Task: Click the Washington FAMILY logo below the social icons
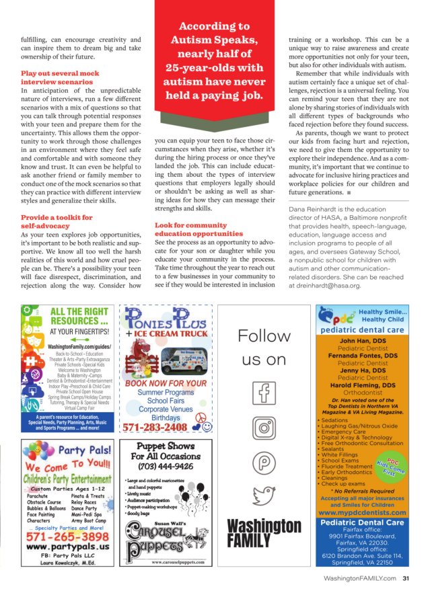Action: [x=264, y=532]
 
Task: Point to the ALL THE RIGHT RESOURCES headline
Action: [x=79, y=316]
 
